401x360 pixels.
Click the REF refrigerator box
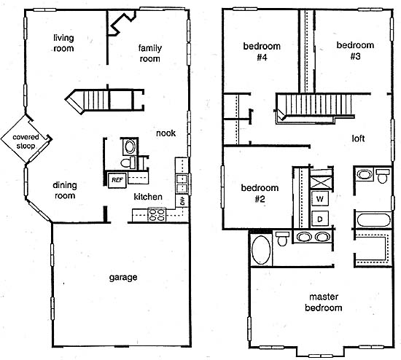coord(117,180)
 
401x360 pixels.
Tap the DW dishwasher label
coord(182,201)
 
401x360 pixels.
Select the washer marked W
coord(319,199)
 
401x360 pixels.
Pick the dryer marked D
coord(319,219)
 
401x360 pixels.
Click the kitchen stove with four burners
coord(157,215)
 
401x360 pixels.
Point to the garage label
coord(123,278)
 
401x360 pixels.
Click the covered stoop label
coord(26,141)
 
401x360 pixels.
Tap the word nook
coord(166,133)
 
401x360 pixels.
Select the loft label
coord(358,138)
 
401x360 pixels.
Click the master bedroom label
coord(324,302)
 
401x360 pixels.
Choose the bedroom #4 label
coord(262,52)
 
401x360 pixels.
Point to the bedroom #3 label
coord(355,50)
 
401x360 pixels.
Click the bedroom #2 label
coord(260,193)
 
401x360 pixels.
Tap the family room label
coord(150,53)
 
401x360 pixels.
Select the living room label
coord(63,43)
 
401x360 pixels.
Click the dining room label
coord(65,190)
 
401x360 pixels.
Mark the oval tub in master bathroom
coord(261,250)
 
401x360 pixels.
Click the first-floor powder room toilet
coord(127,163)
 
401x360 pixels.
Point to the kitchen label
coord(148,197)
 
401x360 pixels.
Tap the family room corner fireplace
coord(122,23)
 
